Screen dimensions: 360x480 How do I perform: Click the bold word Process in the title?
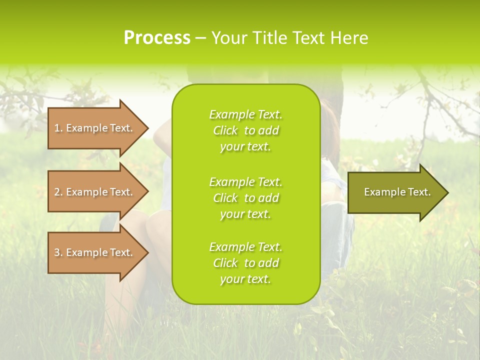click(157, 38)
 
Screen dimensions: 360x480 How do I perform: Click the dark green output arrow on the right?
click(395, 192)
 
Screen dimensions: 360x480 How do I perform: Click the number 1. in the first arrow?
click(58, 128)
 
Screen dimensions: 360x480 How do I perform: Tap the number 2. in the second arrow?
click(58, 192)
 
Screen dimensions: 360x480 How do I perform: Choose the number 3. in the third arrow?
click(58, 252)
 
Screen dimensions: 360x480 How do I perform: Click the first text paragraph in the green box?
click(245, 130)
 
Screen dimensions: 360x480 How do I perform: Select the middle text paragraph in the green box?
click(245, 198)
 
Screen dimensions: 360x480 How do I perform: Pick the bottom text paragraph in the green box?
click(245, 263)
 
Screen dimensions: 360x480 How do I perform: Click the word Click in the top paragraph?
click(225, 130)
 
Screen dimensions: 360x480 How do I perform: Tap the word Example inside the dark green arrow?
click(382, 192)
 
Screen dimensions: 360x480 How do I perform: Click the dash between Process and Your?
click(200, 38)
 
